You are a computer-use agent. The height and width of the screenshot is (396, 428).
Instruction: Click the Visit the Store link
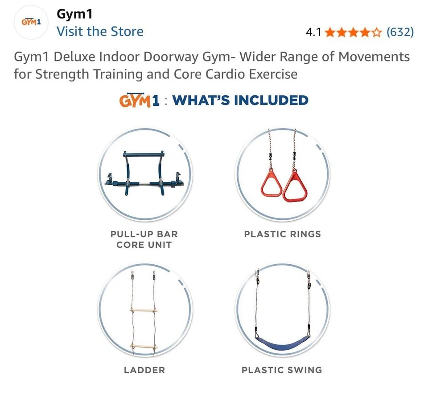point(100,31)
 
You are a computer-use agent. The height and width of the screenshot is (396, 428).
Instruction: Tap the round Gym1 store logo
point(31,22)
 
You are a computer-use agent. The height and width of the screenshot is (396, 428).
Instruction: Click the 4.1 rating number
point(313,32)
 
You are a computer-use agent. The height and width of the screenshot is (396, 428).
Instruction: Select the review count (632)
point(400,32)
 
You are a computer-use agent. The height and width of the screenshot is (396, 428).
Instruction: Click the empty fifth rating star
point(377,32)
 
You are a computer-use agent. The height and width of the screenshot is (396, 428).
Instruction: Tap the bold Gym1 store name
point(74,14)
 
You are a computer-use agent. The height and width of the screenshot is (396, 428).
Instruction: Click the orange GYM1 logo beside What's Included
point(139,100)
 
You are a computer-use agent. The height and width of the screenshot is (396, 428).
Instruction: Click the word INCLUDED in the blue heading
point(271,100)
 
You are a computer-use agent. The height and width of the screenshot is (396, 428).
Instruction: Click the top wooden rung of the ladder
point(144,310)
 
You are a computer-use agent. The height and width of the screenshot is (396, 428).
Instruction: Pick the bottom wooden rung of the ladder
point(144,347)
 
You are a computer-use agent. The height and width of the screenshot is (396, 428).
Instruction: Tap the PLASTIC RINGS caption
point(283,234)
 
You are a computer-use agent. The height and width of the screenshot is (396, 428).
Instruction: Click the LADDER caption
point(144,370)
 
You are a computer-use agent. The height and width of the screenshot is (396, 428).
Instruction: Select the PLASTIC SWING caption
point(282,370)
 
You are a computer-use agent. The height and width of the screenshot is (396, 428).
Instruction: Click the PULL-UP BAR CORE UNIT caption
point(144,239)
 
